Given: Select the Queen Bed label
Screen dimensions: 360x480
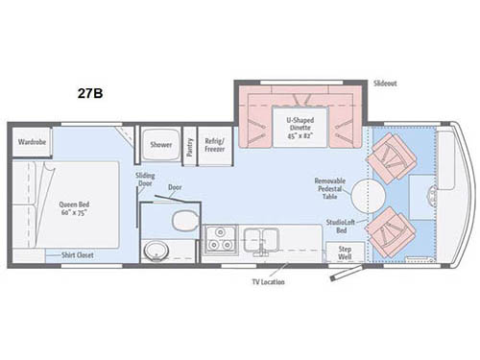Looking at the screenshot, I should click(x=76, y=206).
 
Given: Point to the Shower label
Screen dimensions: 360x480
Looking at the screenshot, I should click(x=159, y=145).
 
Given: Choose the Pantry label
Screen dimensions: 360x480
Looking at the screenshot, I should click(x=190, y=145).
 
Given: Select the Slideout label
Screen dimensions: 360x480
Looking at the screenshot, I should click(x=386, y=84).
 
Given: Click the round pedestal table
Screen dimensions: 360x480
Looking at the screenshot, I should click(x=368, y=197).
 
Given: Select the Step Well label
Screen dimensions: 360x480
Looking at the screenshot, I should click(x=345, y=252).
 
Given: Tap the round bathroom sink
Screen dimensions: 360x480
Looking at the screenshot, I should click(x=156, y=252).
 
